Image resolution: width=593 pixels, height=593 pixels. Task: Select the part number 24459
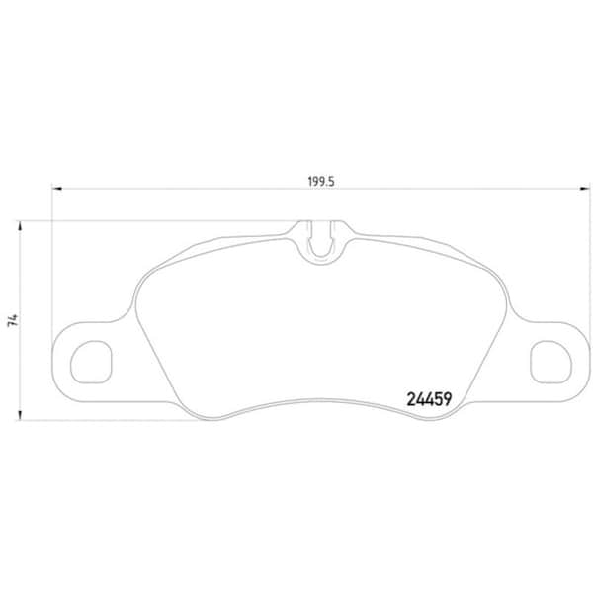pos(429,400)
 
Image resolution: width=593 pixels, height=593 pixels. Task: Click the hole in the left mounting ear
pos(95,360)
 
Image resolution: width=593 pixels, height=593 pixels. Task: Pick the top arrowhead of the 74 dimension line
pos(21,224)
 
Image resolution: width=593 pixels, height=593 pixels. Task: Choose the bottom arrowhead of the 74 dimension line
pos(21,415)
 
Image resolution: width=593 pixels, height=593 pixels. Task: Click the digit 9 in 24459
pos(448,400)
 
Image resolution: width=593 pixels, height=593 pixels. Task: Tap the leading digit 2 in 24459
pos(410,400)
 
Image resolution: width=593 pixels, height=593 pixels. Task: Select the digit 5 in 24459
pos(438,400)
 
